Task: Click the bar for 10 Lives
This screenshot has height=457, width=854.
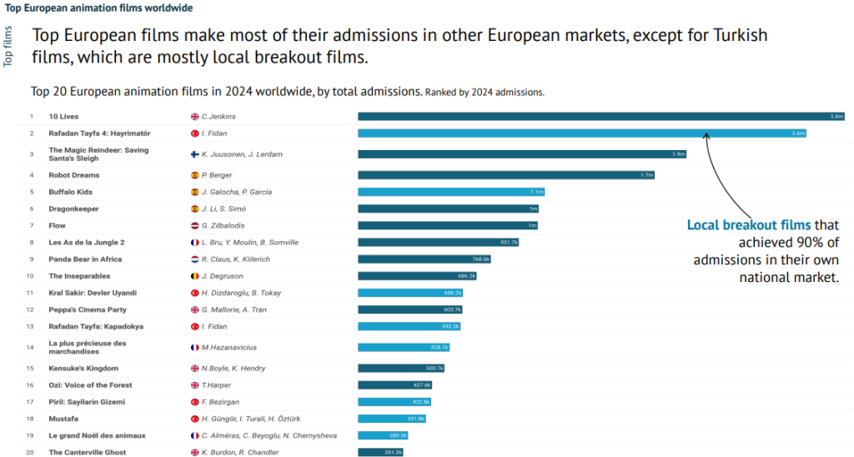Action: pos(601,117)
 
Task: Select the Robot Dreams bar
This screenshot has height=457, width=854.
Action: pos(506,175)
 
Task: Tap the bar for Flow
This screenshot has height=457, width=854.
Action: pos(448,225)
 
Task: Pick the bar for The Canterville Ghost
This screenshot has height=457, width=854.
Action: pos(381,452)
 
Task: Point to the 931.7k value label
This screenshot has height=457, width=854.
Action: pos(509,242)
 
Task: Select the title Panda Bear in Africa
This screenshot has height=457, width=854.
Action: pos(85,259)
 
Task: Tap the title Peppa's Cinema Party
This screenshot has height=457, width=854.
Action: pos(86,309)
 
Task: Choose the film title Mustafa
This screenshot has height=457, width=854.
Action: pos(64,419)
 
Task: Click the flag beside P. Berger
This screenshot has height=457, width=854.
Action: pos(194,175)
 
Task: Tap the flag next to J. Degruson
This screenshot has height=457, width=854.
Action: pos(194,276)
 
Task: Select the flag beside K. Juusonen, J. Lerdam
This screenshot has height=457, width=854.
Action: pos(194,154)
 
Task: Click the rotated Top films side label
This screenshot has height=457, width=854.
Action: pos(8,47)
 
